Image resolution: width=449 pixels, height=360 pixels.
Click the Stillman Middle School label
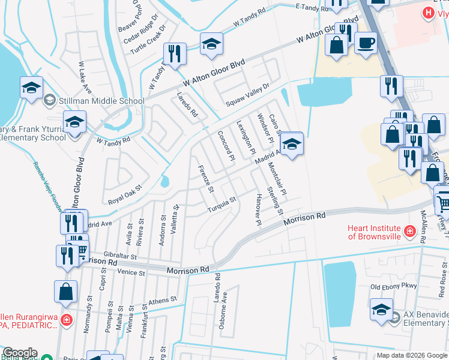click(x=101, y=101)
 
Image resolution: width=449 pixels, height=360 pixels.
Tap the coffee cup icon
click(x=365, y=43)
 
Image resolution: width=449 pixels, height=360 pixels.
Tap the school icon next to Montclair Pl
click(x=291, y=145)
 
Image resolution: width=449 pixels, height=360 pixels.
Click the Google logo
click(x=20, y=353)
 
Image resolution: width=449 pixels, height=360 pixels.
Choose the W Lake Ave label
click(x=84, y=77)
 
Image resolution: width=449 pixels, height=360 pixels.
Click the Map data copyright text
click(x=411, y=355)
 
